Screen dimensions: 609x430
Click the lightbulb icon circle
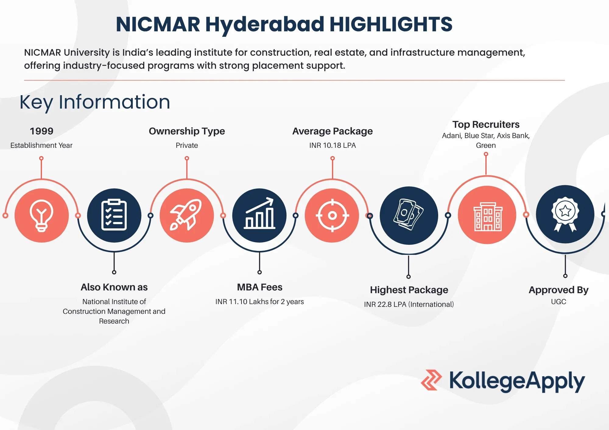click(x=42, y=216)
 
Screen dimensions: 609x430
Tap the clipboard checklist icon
click(x=114, y=215)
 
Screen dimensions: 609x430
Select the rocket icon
click(x=186, y=215)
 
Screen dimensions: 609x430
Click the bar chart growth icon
click(x=259, y=213)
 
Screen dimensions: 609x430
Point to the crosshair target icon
click(x=332, y=216)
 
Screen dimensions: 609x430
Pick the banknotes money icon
click(x=409, y=214)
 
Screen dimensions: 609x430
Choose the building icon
click(x=488, y=216)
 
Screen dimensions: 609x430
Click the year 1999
click(x=41, y=131)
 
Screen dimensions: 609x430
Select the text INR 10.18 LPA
click(x=333, y=145)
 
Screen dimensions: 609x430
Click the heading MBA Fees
click(x=260, y=287)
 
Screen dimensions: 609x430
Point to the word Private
click(x=187, y=145)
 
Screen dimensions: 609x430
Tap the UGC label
click(x=558, y=302)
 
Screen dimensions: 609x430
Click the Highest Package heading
click(x=409, y=290)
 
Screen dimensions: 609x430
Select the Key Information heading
click(x=95, y=102)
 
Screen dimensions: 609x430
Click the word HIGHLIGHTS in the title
click(x=391, y=24)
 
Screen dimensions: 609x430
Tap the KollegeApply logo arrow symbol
click(x=431, y=380)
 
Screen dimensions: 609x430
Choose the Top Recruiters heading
click(x=486, y=124)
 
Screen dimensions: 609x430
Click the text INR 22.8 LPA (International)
click(x=409, y=304)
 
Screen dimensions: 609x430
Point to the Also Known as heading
click(x=114, y=287)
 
